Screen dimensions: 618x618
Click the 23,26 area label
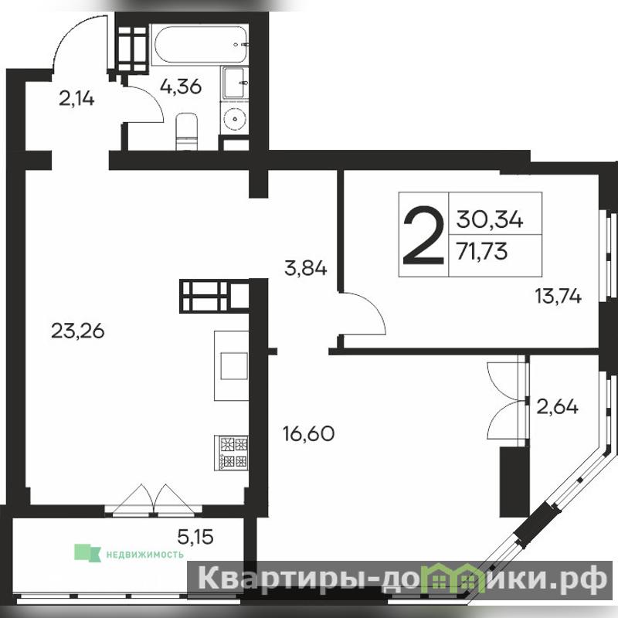(78, 331)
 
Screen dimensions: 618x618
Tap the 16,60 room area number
(308, 433)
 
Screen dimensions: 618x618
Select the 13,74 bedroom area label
(558, 296)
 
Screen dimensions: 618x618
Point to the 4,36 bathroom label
(181, 87)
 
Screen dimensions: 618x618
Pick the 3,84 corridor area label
(305, 268)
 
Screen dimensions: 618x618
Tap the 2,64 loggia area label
(558, 406)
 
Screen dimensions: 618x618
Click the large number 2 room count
(423, 236)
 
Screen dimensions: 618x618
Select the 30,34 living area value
(490, 219)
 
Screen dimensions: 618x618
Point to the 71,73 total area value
(481, 251)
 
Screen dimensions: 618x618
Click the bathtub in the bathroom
(200, 44)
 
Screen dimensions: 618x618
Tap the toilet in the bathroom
(186, 131)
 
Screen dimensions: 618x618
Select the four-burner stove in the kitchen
(231, 452)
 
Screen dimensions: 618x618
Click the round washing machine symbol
(235, 117)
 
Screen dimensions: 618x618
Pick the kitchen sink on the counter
(234, 365)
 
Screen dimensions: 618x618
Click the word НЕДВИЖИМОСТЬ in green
(145, 555)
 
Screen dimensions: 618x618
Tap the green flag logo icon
(87, 552)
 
